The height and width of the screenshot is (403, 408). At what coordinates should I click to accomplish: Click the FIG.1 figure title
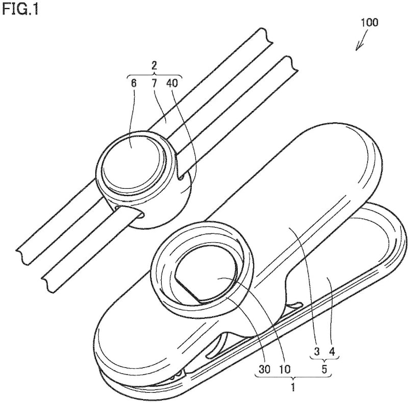(20, 10)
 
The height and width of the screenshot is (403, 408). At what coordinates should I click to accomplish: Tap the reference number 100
(369, 22)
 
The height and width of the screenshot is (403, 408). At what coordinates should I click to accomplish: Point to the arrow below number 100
(362, 40)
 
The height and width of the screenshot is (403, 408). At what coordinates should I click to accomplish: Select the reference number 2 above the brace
(155, 65)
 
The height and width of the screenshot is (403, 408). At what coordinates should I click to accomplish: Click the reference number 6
(134, 84)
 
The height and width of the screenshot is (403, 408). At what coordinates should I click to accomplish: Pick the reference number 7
(155, 84)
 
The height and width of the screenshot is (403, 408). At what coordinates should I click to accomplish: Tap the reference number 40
(172, 84)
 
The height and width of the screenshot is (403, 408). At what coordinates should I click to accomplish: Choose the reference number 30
(264, 369)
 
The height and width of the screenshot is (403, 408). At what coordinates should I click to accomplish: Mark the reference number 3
(317, 351)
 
